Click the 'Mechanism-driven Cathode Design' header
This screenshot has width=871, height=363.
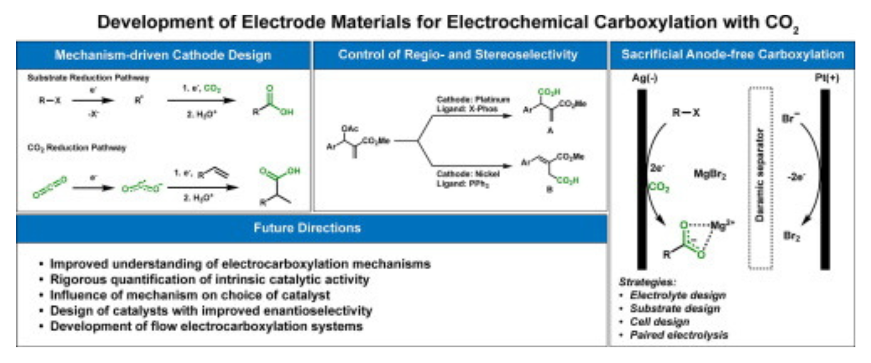pos(163,55)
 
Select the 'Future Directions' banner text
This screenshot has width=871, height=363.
pos(307,228)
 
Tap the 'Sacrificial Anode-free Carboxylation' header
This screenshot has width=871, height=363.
pos(732,54)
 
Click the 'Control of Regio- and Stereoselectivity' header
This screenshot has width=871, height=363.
pos(458,55)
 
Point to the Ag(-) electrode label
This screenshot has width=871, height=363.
pos(645,78)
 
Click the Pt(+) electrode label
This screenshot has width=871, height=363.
pos(827,78)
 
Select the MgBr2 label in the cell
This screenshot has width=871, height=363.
pos(710,175)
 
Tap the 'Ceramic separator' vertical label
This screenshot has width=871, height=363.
pos(760,175)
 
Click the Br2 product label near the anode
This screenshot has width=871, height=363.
pos(791,236)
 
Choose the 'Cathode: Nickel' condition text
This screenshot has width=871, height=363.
pos(468,174)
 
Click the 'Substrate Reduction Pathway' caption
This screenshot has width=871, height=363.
pos(88,78)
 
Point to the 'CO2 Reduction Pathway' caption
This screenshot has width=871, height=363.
pos(77,148)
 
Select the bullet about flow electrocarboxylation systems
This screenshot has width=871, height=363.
pos(206,326)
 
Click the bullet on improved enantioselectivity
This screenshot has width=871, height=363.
pos(211,310)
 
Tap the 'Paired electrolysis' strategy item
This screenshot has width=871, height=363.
pos(679,335)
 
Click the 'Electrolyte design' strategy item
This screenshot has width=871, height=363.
pos(677,295)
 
